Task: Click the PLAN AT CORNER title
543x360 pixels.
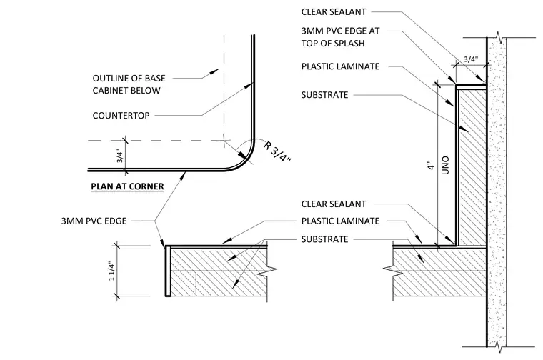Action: (x=127, y=186)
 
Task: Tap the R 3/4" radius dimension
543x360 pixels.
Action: (x=277, y=151)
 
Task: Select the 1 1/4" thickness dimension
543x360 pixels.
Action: (x=111, y=271)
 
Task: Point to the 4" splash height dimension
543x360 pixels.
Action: (x=431, y=166)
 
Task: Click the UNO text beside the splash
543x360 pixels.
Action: (x=446, y=165)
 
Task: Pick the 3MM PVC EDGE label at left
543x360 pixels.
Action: (x=94, y=221)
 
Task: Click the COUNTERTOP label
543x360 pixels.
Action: (x=121, y=115)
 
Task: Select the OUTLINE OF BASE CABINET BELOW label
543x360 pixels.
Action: (x=129, y=84)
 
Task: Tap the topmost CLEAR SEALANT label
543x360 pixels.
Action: (x=334, y=11)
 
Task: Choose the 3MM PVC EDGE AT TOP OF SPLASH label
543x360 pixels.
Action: (x=340, y=37)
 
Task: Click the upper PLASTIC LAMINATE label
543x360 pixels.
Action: (x=340, y=66)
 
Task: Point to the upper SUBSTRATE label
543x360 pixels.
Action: (x=324, y=95)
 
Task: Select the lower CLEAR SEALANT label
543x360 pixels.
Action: (x=334, y=204)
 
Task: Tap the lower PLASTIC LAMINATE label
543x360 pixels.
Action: (x=340, y=221)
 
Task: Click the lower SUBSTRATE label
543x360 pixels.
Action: (x=324, y=239)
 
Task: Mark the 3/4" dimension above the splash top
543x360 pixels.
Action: (x=471, y=59)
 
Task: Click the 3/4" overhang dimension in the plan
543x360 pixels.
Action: (x=120, y=156)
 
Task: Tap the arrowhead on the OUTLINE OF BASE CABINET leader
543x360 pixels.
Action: (x=214, y=71)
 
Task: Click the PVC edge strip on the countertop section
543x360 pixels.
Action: (x=168, y=271)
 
